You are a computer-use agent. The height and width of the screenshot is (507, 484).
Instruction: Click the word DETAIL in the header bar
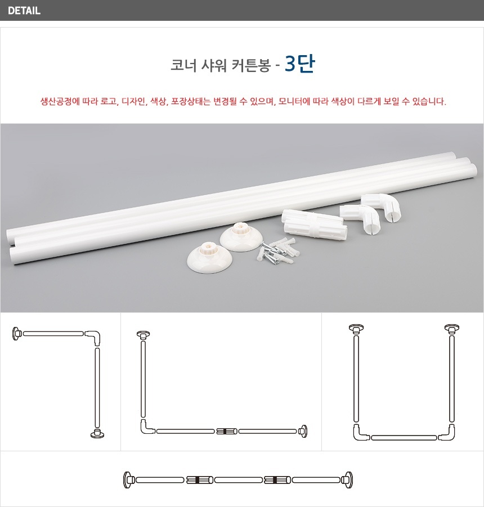coord(24,11)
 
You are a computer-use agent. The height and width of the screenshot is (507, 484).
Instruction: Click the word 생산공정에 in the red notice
coord(60,101)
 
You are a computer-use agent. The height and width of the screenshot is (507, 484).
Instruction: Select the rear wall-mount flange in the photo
coord(241,238)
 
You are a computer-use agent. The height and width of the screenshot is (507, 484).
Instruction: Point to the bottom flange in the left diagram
coord(97,433)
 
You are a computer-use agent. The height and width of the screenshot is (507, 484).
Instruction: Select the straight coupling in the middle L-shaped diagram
coord(226,431)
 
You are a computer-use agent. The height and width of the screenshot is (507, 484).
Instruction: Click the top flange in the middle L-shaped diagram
coord(143,335)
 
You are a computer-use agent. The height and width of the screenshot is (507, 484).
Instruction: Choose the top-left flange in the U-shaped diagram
coord(356,329)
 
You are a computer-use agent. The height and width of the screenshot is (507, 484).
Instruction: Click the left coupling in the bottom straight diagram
coord(199,480)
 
